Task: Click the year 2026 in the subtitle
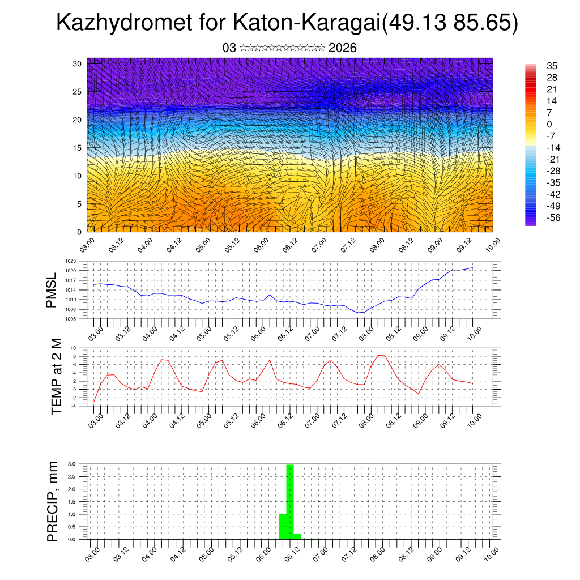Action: [342, 48]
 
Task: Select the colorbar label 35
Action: [552, 66]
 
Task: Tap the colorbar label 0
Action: [549, 124]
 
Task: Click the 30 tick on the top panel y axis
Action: [78, 63]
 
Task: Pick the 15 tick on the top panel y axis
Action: [78, 148]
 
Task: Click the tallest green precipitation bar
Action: [289, 501]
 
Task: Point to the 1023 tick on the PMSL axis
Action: [70, 261]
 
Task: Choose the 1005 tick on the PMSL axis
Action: [70, 319]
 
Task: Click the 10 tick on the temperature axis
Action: [74, 348]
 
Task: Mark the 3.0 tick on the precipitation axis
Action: [71, 464]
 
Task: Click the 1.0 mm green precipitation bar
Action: [283, 526]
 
